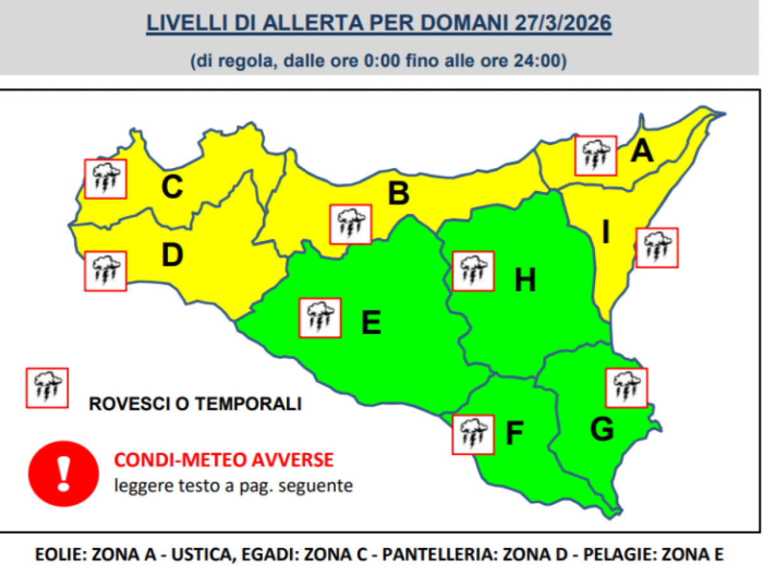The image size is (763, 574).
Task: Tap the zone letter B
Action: point(399,194)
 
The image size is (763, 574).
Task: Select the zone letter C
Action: point(172,188)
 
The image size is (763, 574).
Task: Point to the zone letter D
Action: point(172,255)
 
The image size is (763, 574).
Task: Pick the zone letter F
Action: point(514,434)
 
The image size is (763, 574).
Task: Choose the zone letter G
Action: point(601,430)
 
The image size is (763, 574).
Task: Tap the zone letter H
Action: point(525,280)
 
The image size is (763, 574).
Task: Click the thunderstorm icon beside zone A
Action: point(596,155)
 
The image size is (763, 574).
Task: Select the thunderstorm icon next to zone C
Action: point(106,178)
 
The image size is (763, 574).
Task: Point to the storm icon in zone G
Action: point(626,388)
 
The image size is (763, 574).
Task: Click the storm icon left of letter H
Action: point(472,270)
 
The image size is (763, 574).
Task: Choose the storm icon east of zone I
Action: point(657,248)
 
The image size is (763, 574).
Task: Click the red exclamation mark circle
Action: point(64,474)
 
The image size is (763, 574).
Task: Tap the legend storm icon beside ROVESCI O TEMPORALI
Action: point(46,388)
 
